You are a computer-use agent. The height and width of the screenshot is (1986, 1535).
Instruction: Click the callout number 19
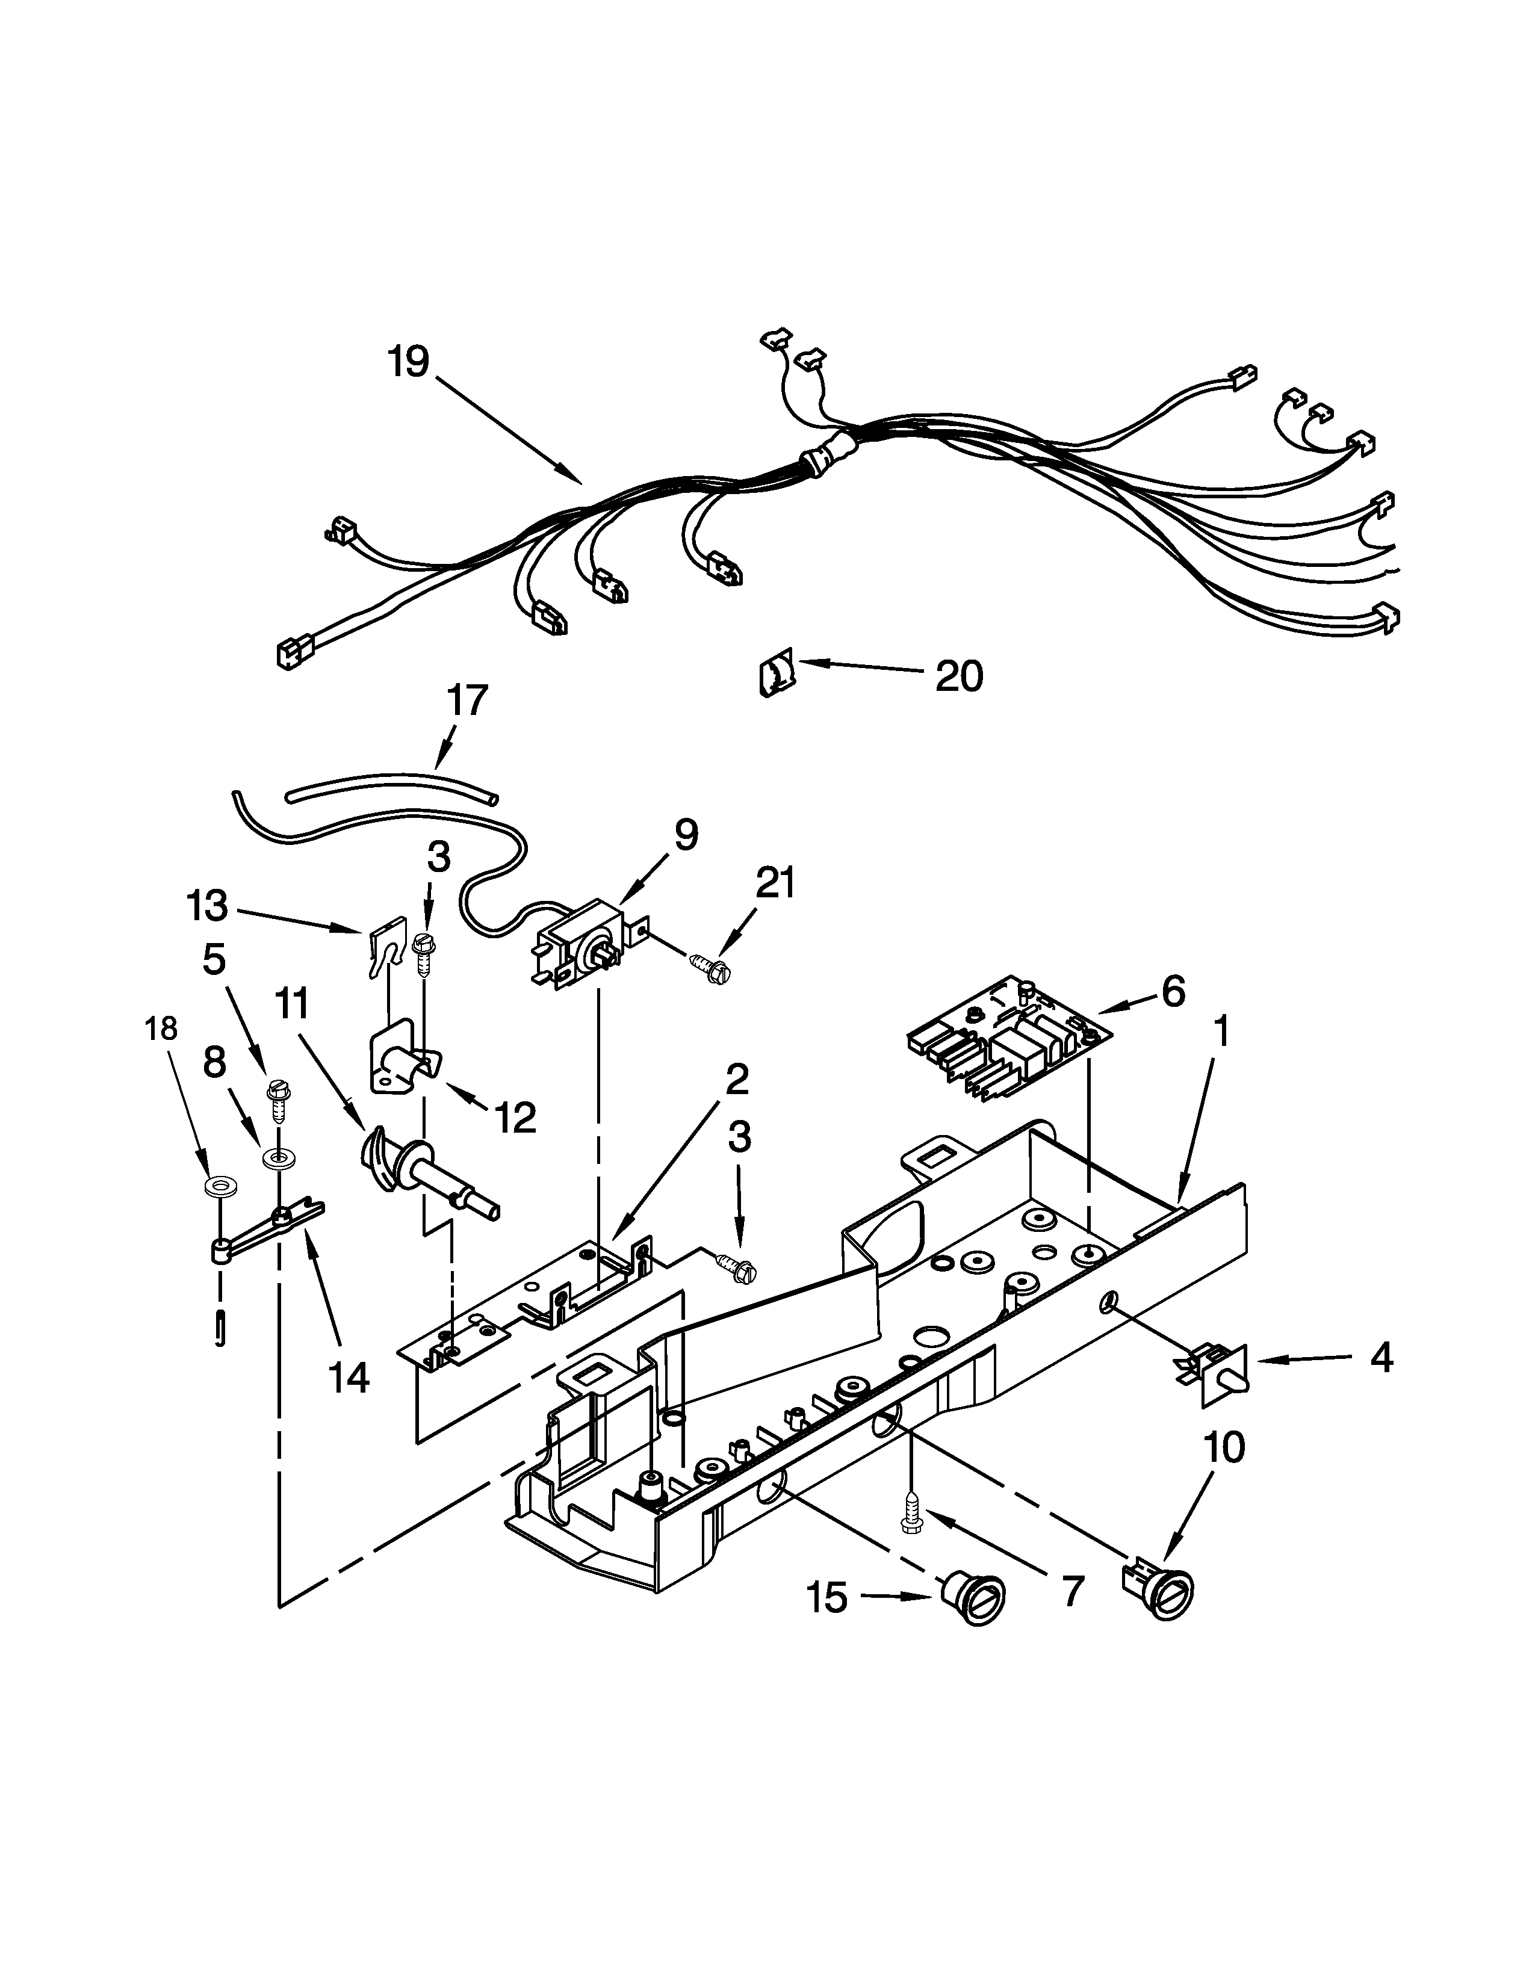[x=408, y=362]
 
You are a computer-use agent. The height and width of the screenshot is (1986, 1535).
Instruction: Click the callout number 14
[x=349, y=1378]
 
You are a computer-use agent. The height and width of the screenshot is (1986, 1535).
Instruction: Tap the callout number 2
[x=737, y=1078]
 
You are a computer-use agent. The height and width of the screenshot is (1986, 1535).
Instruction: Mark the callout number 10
[x=1223, y=1447]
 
